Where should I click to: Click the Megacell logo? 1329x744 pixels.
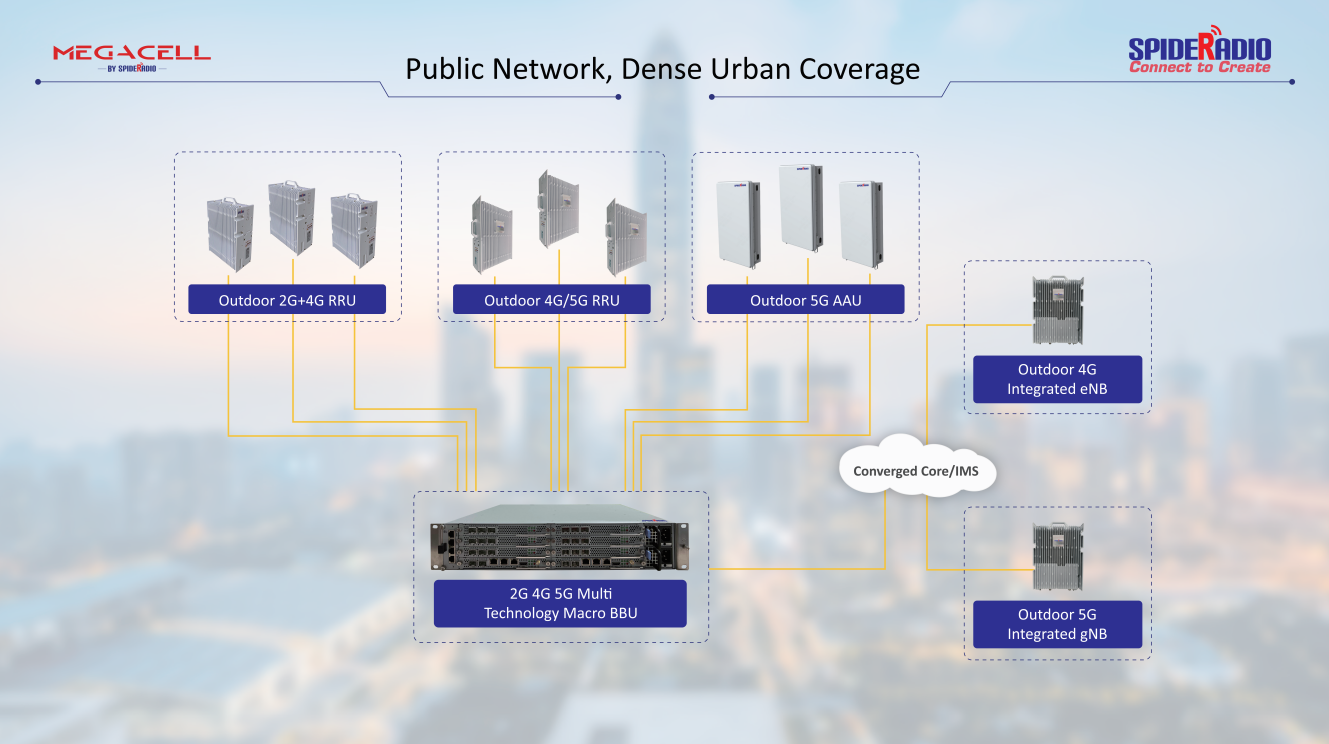point(131,56)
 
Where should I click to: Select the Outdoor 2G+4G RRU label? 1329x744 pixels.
point(287,300)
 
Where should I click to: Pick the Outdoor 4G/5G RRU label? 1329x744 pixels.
point(551,300)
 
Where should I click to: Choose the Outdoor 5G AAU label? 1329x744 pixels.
point(805,300)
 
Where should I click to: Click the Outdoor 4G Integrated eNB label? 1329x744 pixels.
point(1057,379)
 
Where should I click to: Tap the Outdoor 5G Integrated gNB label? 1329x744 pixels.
point(1057,624)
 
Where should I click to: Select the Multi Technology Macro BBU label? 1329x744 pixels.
point(560,603)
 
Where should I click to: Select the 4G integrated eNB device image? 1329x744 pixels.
point(1057,310)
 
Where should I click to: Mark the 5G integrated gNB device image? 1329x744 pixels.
point(1057,556)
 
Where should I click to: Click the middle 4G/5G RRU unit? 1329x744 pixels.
point(558,209)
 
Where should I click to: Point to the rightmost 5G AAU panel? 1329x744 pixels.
point(860,223)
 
